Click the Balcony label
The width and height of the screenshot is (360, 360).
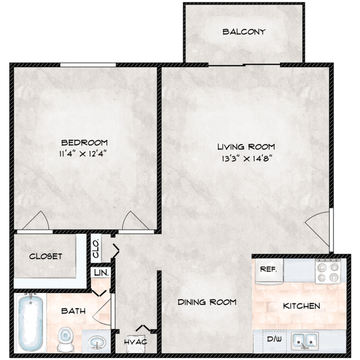[244, 32]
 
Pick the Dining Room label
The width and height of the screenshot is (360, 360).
[207, 302]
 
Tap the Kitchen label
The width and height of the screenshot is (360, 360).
[302, 306]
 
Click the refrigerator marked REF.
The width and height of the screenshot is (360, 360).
[268, 271]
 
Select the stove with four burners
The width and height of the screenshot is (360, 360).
[327, 271]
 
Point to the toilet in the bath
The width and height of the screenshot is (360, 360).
[65, 337]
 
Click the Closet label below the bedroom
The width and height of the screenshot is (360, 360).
[45, 256]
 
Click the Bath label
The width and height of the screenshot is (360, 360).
[73, 311]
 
